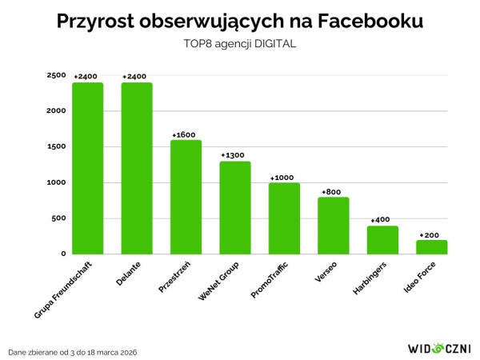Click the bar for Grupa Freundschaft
[x=87, y=168]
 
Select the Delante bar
[x=137, y=168]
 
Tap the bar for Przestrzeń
[x=186, y=197]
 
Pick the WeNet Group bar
[x=235, y=207]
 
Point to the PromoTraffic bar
[x=284, y=218]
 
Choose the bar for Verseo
[x=334, y=226]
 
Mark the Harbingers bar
[x=382, y=240]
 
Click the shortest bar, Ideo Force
[x=432, y=247]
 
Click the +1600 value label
[x=185, y=134]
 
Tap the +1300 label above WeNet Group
[x=234, y=155]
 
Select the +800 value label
[x=332, y=192]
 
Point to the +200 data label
[x=430, y=234]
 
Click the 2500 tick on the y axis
[x=56, y=75]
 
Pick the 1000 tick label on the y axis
[x=56, y=182]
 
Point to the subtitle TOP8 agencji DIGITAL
[x=240, y=44]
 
